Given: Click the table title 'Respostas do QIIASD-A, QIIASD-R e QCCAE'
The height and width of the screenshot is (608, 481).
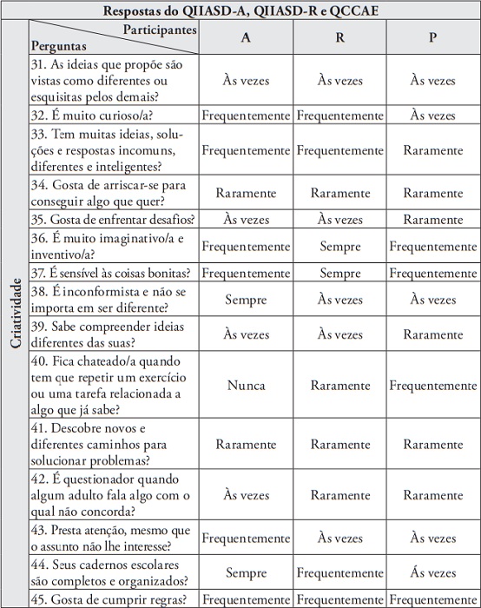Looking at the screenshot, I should (240, 10).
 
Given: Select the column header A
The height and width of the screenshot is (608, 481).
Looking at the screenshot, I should (247, 38).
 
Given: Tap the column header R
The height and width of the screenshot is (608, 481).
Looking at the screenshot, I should (339, 38).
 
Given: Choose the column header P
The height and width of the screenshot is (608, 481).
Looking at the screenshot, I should (432, 38).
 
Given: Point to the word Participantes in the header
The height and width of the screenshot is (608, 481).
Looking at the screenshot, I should (159, 30).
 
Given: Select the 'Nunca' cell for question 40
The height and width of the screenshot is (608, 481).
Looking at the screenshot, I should (247, 384).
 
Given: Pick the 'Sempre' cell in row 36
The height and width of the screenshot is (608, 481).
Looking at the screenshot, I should (339, 247).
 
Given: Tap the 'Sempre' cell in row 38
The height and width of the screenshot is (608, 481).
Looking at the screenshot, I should (247, 300).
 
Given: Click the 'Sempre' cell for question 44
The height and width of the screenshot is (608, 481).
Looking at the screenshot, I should (247, 572).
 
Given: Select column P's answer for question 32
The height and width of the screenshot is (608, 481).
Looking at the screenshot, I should (432, 115).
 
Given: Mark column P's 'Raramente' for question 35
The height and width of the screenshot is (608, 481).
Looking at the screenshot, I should (432, 220).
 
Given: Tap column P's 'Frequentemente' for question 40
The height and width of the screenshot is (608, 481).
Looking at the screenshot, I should (432, 384).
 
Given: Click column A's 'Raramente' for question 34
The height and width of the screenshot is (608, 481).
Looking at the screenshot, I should (247, 193).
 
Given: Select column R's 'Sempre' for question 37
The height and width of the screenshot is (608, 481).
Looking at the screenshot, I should (339, 273).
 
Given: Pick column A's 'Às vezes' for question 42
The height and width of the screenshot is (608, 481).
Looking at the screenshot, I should (247, 494).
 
